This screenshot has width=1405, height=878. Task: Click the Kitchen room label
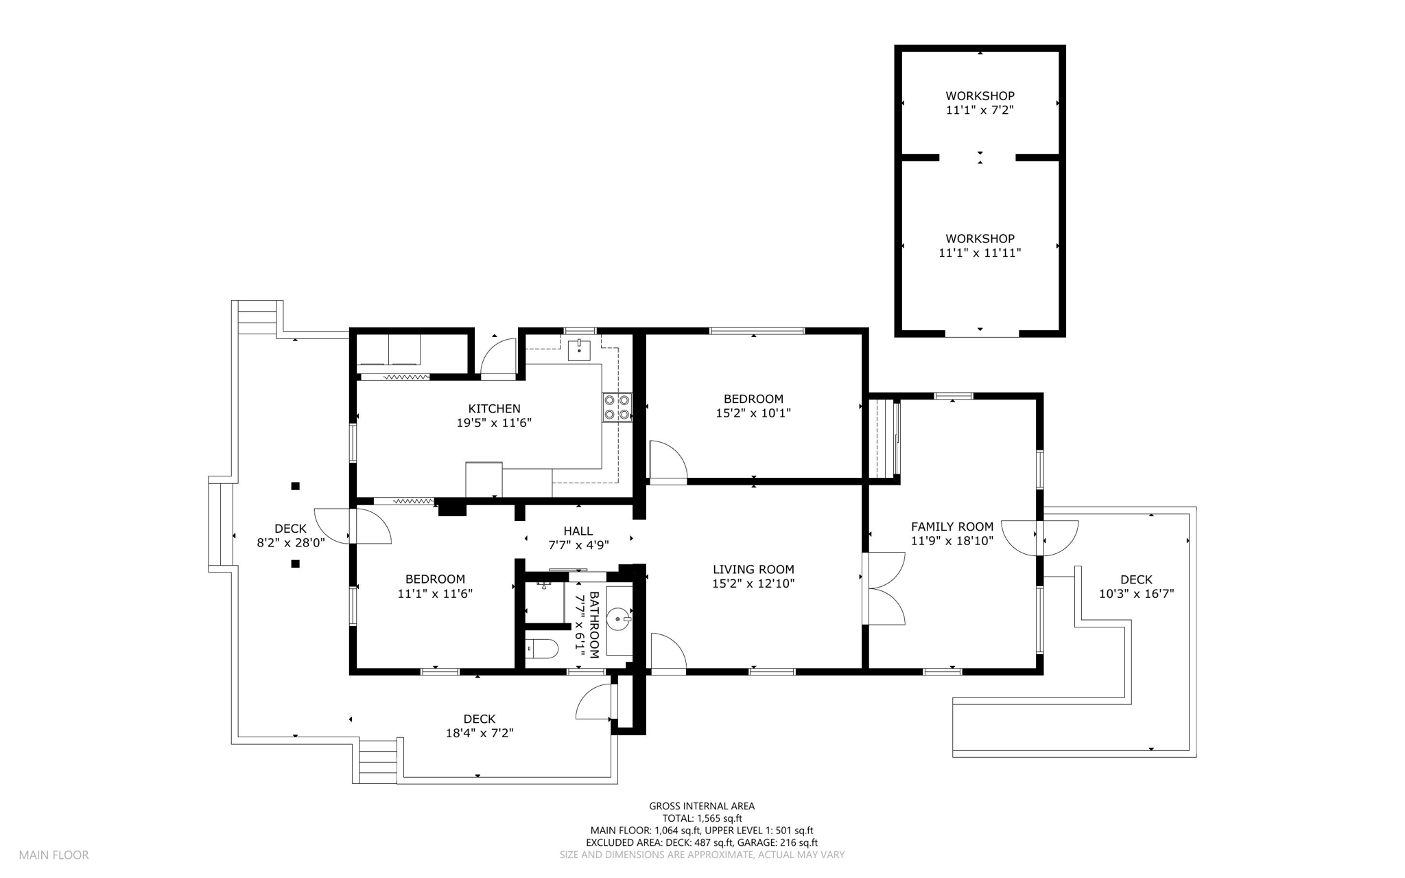(494, 408)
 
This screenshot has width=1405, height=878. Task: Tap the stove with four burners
(616, 407)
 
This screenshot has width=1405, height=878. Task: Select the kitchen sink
(579, 349)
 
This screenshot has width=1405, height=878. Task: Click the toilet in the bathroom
(541, 648)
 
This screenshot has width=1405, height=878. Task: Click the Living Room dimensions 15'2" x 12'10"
(753, 584)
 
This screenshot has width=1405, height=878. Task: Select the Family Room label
(952, 527)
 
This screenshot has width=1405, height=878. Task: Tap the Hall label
(578, 531)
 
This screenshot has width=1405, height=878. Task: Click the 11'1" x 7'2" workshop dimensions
(980, 110)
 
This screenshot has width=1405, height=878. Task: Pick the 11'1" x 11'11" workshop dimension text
(980, 253)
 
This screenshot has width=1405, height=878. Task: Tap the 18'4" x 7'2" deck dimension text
(480, 733)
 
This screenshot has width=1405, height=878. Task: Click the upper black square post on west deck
(296, 486)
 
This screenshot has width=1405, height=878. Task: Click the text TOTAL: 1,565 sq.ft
(702, 818)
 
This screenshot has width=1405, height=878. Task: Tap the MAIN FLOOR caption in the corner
(54, 855)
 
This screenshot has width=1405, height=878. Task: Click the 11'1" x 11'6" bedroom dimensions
(435, 594)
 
